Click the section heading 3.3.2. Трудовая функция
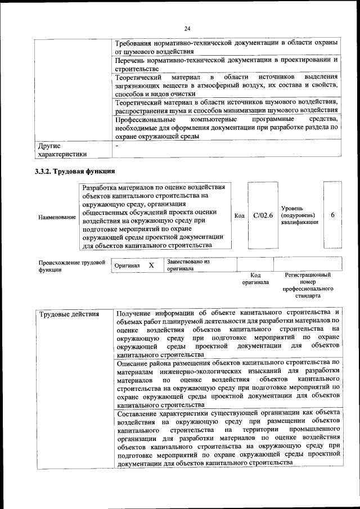pyautogui.click(x=75, y=171)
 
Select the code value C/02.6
pyautogui.click(x=263, y=215)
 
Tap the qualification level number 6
pyautogui.click(x=333, y=215)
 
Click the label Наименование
pyautogui.click(x=57, y=217)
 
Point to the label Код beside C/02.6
pyautogui.click(x=239, y=215)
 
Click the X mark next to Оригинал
pyautogui.click(x=151, y=265)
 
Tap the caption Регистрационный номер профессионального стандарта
pyautogui.click(x=308, y=285)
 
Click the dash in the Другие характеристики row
pyautogui.click(x=116, y=146)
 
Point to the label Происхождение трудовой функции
pyautogui.click(x=72, y=265)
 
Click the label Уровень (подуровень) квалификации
pyautogui.click(x=299, y=215)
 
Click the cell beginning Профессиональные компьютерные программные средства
pyautogui.click(x=226, y=128)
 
